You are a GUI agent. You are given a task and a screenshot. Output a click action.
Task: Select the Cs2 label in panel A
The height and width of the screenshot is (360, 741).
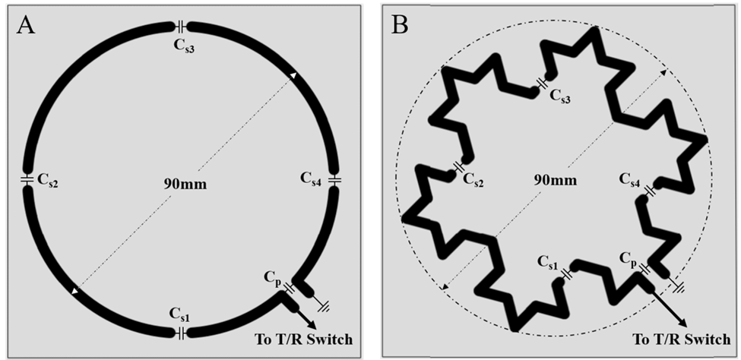click(46, 183)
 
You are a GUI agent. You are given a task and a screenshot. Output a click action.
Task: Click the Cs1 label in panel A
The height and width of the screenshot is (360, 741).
click(180, 314)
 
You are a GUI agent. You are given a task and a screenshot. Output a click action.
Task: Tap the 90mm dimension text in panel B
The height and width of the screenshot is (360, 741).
click(553, 180)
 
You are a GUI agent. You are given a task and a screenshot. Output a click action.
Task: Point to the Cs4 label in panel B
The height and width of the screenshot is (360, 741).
click(634, 180)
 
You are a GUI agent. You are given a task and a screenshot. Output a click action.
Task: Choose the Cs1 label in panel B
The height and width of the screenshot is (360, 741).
click(547, 262)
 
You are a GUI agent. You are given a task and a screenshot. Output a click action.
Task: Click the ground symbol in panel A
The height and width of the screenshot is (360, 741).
click(325, 305)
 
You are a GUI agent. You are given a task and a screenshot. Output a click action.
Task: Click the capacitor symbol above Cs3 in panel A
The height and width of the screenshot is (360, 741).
click(182, 27)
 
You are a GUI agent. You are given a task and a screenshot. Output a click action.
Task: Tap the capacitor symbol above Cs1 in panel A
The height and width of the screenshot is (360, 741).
click(181, 333)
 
